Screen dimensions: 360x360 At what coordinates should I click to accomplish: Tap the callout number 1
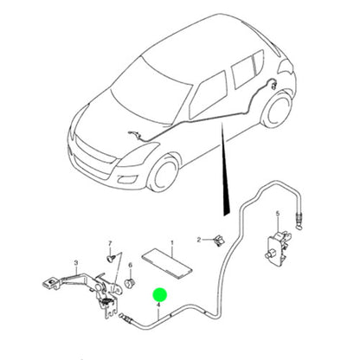coord(172,245)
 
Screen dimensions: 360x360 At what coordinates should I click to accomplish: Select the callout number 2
coord(198,239)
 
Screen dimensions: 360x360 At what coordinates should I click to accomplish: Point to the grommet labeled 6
coord(129,282)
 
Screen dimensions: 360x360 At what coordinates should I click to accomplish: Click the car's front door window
coord(207,91)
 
